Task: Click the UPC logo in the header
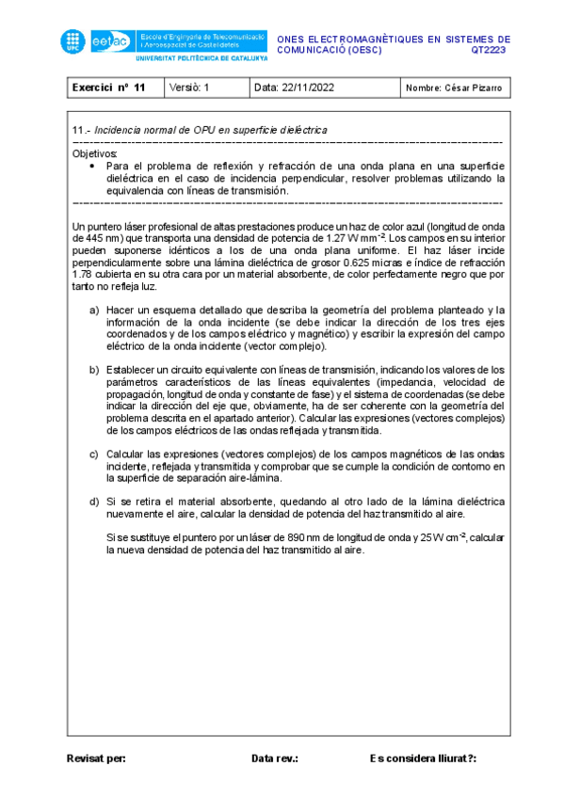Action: (x=73, y=40)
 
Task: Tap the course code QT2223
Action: (x=490, y=50)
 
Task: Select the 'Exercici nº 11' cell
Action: (x=109, y=88)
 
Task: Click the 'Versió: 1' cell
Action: (x=190, y=88)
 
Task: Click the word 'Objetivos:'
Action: (x=95, y=152)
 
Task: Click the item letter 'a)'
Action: (x=94, y=310)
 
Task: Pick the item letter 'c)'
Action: (x=94, y=454)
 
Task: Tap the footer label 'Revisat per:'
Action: (x=96, y=758)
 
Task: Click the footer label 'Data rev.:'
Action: (x=275, y=758)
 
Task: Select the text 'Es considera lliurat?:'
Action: (x=424, y=758)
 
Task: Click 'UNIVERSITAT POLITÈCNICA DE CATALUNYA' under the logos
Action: (x=202, y=57)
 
